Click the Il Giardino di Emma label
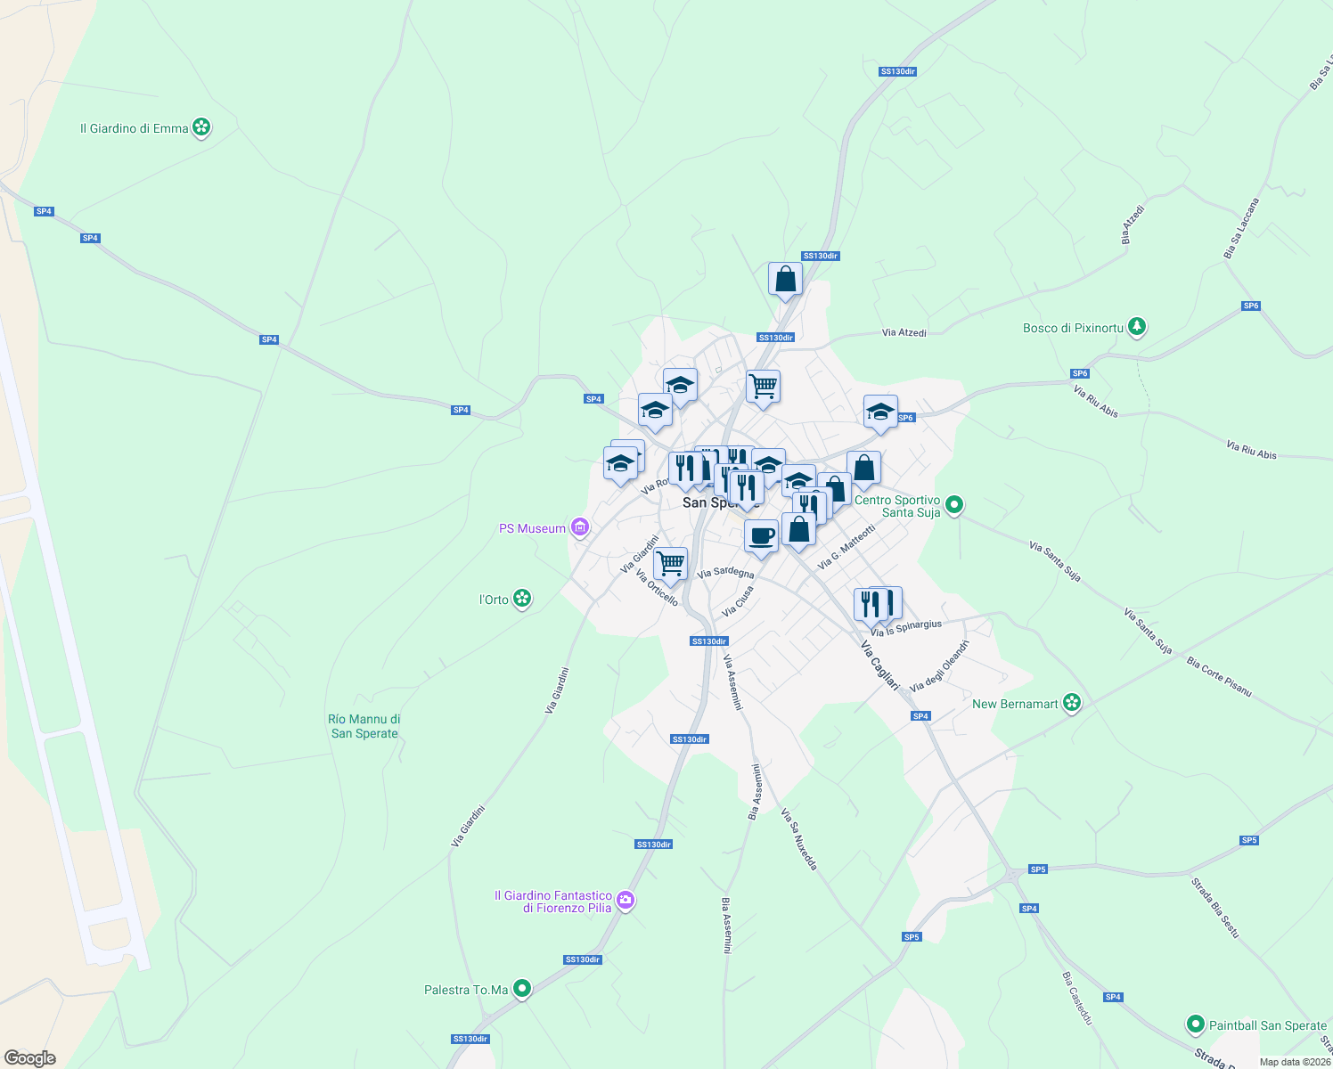coord(134,128)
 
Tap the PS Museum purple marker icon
coord(580,528)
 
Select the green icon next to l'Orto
coord(523,600)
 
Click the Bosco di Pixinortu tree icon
coord(1136,328)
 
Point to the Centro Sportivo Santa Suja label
coord(897,506)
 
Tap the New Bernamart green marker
coord(1072,704)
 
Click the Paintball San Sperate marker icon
coord(1196,1025)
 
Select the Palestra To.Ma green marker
coord(522,990)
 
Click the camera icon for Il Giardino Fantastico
coord(626,901)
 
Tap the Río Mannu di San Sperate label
coord(364,726)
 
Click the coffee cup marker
coord(761,535)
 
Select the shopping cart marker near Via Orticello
coord(670,563)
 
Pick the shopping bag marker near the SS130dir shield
coord(785,279)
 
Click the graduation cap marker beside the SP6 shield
coord(880,412)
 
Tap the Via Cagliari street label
coord(879,664)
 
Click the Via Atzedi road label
coord(904,333)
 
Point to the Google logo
coord(30,1057)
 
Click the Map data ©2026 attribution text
coord(1295,1062)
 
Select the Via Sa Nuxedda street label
coord(798,838)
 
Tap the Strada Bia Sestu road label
coord(1215,908)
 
